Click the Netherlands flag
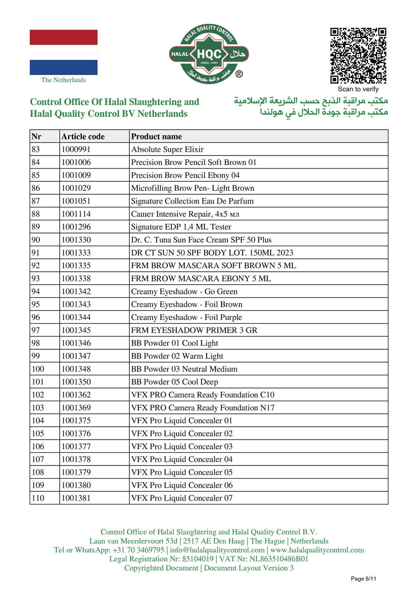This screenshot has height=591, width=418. click(x=64, y=52)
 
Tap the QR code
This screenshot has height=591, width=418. click(x=358, y=56)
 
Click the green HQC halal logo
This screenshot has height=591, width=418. click(x=209, y=54)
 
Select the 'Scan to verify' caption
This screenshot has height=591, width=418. click(x=358, y=89)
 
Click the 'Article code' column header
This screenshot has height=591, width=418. click(x=83, y=136)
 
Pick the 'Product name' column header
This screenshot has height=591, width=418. click(x=156, y=136)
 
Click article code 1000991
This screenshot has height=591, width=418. click(x=76, y=149)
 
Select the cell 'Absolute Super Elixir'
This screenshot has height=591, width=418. click(x=167, y=149)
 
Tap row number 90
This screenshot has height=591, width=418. click(x=36, y=240)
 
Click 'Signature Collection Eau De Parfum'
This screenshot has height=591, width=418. click(x=192, y=201)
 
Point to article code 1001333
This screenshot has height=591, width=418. click(x=76, y=253)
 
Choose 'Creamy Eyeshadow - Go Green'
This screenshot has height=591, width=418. click(x=184, y=291)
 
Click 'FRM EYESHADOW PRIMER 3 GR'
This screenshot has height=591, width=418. click(x=194, y=330)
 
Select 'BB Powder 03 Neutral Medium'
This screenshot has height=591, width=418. click(x=184, y=369)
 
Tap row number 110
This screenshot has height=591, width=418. click(x=38, y=498)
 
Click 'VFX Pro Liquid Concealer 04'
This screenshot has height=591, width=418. click(x=181, y=459)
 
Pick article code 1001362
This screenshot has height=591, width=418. click(x=76, y=395)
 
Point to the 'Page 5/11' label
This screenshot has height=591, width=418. click(x=363, y=579)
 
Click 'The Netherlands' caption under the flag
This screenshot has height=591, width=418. click(x=64, y=80)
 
